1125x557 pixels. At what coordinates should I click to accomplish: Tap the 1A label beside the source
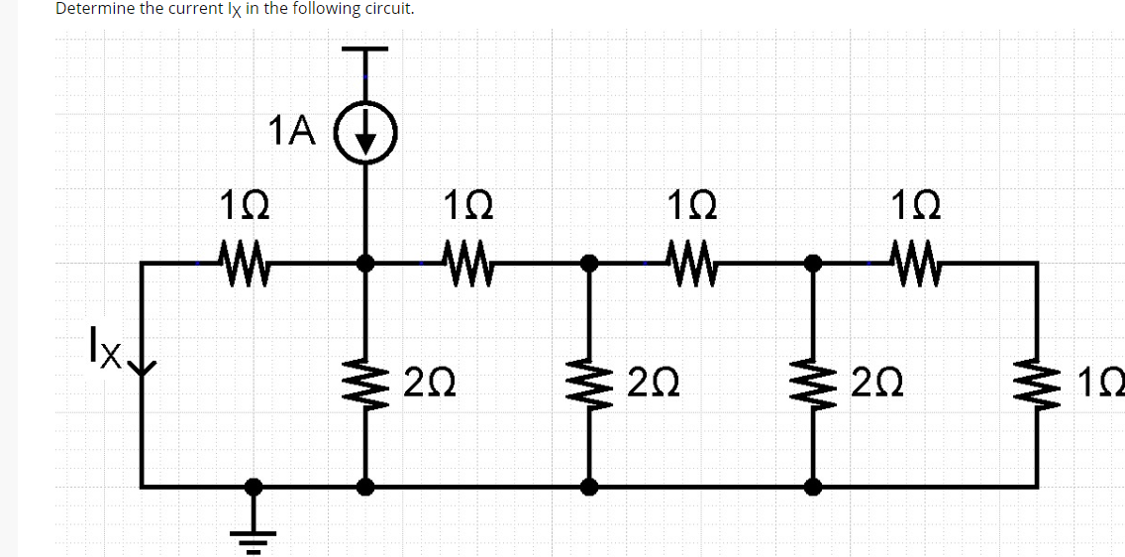(291, 131)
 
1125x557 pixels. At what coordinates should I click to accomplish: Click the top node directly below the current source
(366, 263)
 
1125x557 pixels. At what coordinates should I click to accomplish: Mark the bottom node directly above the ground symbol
(254, 486)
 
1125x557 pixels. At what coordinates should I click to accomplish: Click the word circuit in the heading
(386, 9)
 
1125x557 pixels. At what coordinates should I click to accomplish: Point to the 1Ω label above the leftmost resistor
(241, 209)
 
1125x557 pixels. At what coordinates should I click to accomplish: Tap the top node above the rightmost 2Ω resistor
(814, 263)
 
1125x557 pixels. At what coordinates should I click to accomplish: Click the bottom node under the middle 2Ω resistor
(590, 486)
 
